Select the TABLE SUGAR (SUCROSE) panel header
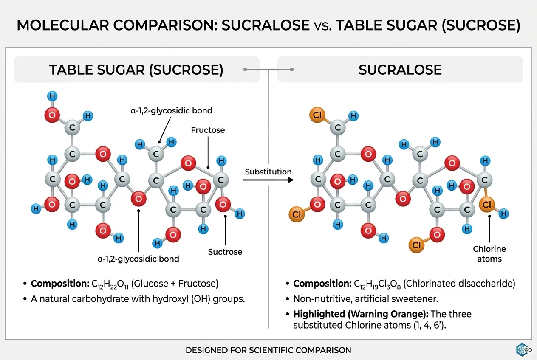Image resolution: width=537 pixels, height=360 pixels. point(136,70)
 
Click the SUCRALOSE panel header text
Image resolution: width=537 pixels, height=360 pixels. point(400,70)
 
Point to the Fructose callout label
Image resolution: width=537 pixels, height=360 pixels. point(208,130)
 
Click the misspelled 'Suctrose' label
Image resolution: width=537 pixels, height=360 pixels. point(225,252)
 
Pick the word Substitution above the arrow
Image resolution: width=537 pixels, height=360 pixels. point(268,172)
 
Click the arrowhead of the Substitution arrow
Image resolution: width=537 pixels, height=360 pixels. point(291,180)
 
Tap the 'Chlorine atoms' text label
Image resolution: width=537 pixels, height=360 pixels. point(489,254)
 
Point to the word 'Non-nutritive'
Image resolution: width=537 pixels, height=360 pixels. point(318,298)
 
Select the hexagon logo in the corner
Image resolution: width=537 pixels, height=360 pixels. point(521,349)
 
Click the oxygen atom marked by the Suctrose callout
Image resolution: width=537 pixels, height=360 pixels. point(223,205)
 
